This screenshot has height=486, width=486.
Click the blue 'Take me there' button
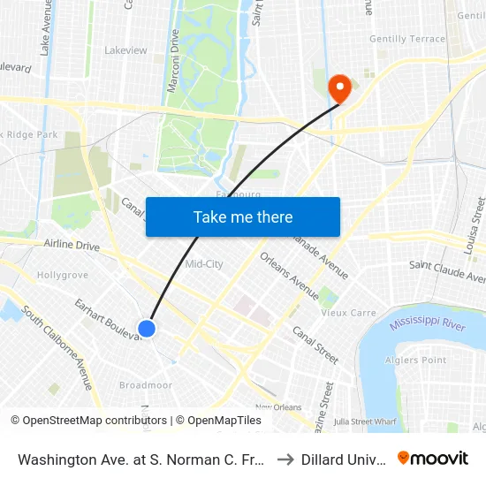pyautogui.click(x=243, y=216)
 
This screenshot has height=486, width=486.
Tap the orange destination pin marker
pyautogui.click(x=338, y=88)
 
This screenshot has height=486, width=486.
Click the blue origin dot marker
pyautogui.click(x=148, y=329)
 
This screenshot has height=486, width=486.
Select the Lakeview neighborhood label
pyautogui.click(x=125, y=50)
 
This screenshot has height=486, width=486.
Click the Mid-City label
pyautogui.click(x=204, y=263)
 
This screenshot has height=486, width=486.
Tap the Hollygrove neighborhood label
pyautogui.click(x=63, y=275)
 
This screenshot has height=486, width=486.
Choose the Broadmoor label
pyautogui.click(x=146, y=385)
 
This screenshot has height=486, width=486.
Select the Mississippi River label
pyautogui.click(x=429, y=321)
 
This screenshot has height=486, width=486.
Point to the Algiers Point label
pyautogui.click(x=422, y=360)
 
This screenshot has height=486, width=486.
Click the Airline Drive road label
pyautogui.click(x=72, y=245)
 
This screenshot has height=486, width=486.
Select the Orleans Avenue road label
pyautogui.click(x=289, y=275)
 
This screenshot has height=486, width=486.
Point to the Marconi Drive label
pyautogui.click(x=174, y=59)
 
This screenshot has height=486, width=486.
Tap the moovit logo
pyautogui.click(x=433, y=458)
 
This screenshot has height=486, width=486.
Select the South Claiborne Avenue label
pyautogui.click(x=57, y=348)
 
